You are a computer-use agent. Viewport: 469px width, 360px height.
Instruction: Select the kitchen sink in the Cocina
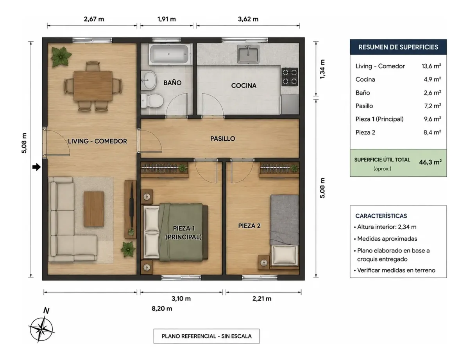248,54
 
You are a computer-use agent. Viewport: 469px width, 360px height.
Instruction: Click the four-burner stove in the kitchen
290,77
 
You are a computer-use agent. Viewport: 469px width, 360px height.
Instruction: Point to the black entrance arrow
36,167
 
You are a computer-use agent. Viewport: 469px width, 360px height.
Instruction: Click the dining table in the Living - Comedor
93,86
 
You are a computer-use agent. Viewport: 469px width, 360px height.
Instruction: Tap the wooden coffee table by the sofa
94,209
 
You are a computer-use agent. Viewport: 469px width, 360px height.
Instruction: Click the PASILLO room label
222,138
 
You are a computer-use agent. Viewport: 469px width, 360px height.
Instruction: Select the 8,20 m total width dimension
162,309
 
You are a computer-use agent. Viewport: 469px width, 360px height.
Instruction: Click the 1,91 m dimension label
166,19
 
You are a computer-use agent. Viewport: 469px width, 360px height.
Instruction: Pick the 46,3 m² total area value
430,162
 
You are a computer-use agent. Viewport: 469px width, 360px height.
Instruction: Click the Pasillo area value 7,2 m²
433,106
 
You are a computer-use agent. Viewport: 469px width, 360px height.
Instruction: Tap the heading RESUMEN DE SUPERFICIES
398,47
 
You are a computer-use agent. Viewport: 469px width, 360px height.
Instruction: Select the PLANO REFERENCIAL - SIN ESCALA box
206,336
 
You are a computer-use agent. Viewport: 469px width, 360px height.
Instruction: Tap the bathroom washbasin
149,80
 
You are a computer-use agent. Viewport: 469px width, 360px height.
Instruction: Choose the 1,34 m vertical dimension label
322,69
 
